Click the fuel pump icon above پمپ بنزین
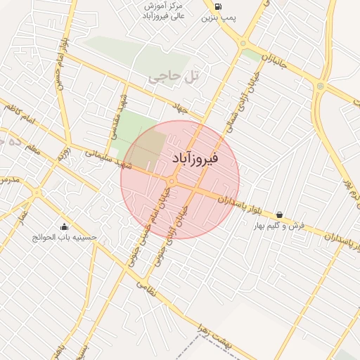coord(217,8)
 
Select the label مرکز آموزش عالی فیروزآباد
coord(164,11)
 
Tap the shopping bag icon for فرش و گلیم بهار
coord(280,214)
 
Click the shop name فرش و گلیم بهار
coord(281,226)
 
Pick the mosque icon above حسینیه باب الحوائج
coord(65,226)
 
